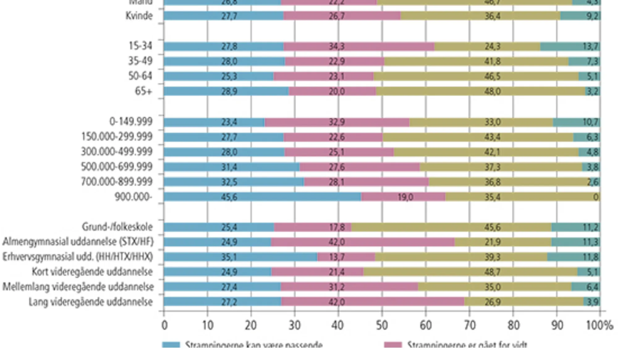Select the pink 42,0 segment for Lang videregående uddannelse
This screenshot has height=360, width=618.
tap(372, 302)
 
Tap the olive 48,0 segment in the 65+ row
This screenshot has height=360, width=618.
tap(480, 91)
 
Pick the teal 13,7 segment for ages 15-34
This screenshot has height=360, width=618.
tap(570, 47)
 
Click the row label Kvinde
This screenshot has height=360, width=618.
tap(139, 16)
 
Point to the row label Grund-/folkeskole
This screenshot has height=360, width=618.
tap(117, 227)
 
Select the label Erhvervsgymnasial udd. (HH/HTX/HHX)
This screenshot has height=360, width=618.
tap(78, 257)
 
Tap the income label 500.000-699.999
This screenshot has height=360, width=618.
tap(117, 167)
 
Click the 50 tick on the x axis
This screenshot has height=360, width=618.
tap(382, 325)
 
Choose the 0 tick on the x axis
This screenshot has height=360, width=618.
tap(164, 325)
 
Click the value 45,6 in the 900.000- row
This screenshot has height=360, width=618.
tap(229, 197)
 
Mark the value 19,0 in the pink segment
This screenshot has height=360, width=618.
tap(405, 197)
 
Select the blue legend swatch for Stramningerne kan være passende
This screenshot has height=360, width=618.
tap(171, 345)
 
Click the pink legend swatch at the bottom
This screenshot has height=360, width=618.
tap(393, 345)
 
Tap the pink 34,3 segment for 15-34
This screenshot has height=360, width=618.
tap(359, 47)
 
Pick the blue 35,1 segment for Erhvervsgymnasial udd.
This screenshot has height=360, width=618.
tap(240, 257)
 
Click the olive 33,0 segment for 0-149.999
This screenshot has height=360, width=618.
tap(481, 122)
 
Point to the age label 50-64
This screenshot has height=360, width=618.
tap(140, 76)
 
